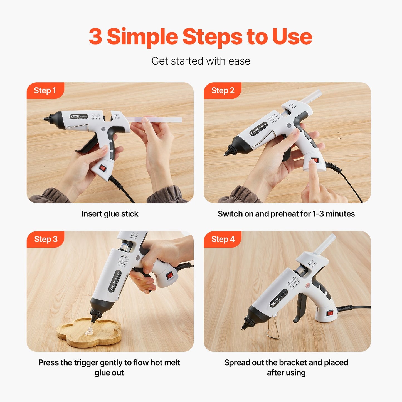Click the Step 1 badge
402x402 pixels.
(45, 90)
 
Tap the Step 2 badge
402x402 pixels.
(223, 90)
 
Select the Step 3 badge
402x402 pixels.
(46, 239)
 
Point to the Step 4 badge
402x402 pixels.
(223, 239)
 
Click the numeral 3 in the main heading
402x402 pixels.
(95, 37)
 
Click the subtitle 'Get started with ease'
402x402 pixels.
(201, 61)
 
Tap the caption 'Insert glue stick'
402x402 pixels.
(110, 214)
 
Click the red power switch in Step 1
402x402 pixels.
(103, 168)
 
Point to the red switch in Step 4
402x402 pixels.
(330, 314)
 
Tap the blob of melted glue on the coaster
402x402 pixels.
(89, 331)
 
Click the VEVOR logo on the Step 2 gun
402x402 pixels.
(255, 131)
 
